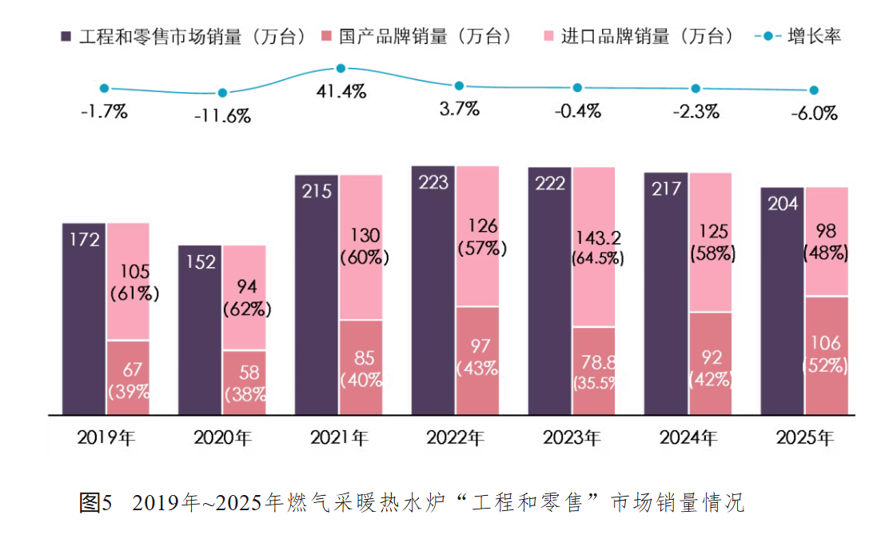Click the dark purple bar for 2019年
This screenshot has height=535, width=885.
[x=84, y=319]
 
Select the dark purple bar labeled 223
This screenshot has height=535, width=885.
[x=433, y=290]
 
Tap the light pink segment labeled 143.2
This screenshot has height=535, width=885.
[x=594, y=246]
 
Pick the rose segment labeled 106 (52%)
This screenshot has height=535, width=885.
[x=827, y=356]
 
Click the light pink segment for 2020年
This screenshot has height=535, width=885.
[x=245, y=298]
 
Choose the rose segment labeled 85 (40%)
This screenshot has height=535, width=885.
[x=361, y=367]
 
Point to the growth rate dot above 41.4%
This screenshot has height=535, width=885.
[x=341, y=68]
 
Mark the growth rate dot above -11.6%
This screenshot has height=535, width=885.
[x=222, y=93]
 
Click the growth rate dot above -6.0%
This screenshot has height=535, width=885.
[x=814, y=90]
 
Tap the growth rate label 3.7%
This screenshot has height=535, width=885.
[x=460, y=108]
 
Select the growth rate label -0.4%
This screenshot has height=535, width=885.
[x=577, y=111]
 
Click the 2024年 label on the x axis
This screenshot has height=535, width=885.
[x=688, y=437]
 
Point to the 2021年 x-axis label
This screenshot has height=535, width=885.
[x=339, y=437]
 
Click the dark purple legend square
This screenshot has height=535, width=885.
[x=66, y=37]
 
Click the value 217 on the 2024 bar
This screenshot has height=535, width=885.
[x=667, y=189]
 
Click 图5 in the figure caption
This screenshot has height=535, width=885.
[x=96, y=502]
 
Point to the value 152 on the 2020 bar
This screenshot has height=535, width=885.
[x=201, y=262]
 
